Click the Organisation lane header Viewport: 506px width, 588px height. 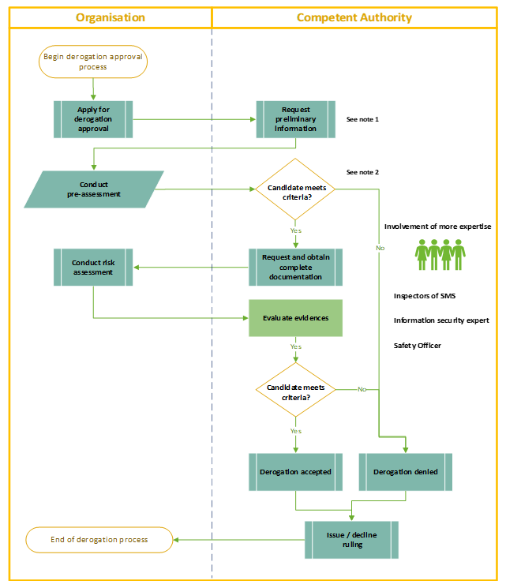point(110,17)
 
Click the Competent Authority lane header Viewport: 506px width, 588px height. point(354,17)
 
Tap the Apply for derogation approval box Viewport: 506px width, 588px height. point(94,119)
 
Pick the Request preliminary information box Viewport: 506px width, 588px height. point(295,119)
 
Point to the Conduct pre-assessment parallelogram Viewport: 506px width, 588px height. point(94,189)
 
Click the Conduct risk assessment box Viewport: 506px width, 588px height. point(93,268)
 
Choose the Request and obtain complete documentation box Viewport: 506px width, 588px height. point(296,268)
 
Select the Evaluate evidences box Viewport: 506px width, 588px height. point(296,318)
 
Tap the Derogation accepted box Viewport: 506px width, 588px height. point(295,472)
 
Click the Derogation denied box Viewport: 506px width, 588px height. point(406,472)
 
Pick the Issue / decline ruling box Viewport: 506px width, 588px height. point(351,539)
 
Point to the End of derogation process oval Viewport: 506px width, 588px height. point(99,540)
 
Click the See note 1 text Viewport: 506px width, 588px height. point(363,119)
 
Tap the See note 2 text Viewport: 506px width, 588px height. point(363,172)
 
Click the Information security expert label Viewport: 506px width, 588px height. point(441,320)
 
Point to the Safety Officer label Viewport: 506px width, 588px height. point(418,346)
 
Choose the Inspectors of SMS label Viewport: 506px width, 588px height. point(425,296)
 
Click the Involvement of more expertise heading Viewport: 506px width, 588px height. point(437,227)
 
